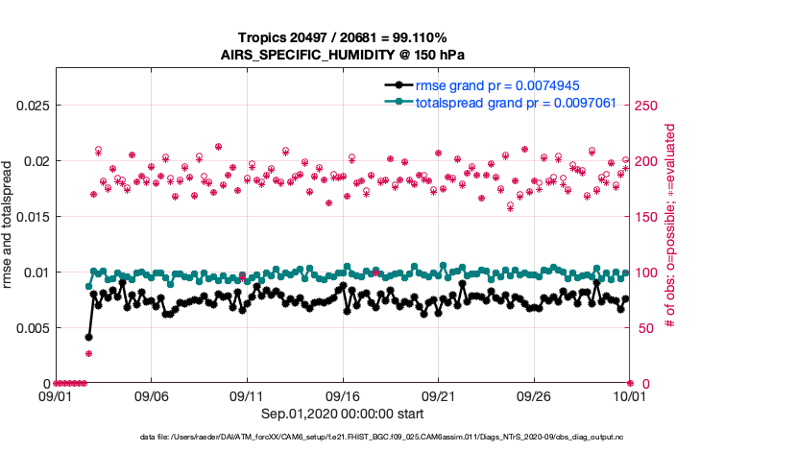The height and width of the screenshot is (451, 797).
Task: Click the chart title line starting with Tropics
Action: (344, 36)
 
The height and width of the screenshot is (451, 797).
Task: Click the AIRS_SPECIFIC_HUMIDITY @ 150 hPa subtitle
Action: (344, 54)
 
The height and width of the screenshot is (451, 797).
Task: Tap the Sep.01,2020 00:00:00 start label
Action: (342, 415)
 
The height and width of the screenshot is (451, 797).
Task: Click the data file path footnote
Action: (381, 438)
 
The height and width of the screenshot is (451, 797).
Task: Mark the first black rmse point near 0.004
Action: (88, 337)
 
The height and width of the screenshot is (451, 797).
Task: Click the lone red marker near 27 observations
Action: (88, 353)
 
